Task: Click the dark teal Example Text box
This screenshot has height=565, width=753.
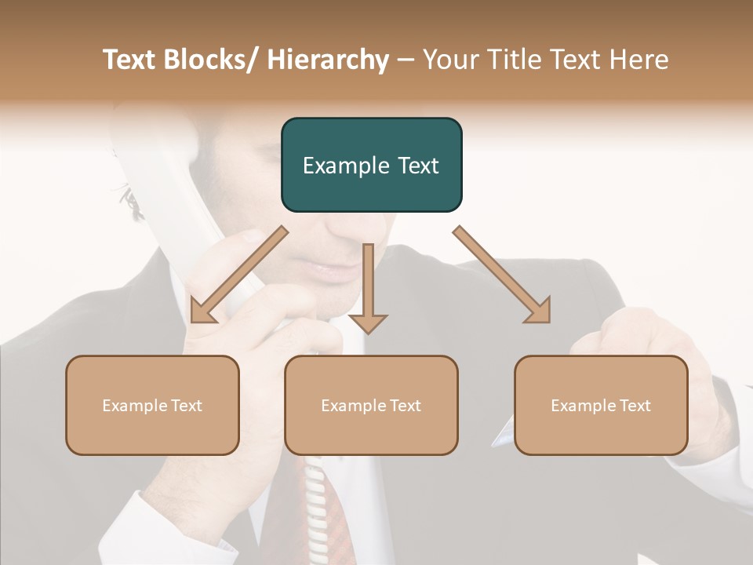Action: pyautogui.click(x=371, y=166)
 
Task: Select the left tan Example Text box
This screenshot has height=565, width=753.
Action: pyautogui.click(x=152, y=406)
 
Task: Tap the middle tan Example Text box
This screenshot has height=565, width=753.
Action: pyautogui.click(x=371, y=406)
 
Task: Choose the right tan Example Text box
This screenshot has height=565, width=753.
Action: pyautogui.click(x=601, y=406)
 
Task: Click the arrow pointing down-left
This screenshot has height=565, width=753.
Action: pyautogui.click(x=239, y=275)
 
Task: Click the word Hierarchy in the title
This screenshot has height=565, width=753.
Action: pyautogui.click(x=327, y=60)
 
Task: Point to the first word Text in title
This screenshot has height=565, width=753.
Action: pyautogui.click(x=132, y=60)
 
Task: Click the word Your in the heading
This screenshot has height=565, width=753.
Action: pyautogui.click(x=450, y=60)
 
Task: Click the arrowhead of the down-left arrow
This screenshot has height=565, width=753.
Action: pyautogui.click(x=202, y=312)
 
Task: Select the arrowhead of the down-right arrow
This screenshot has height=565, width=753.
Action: pyautogui.click(x=539, y=312)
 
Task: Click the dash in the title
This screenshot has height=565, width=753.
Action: pyautogui.click(x=406, y=60)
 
